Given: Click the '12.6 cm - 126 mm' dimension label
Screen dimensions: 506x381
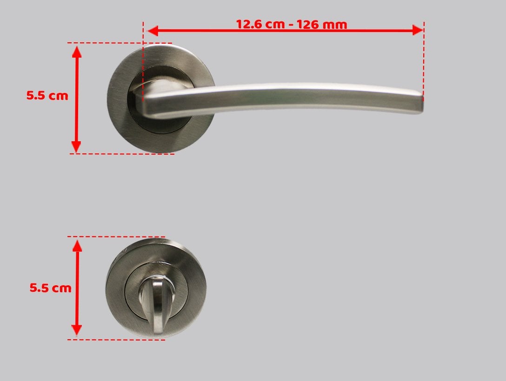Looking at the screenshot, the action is coord(292,24).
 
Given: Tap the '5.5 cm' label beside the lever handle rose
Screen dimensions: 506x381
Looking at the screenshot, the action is coord(47,95).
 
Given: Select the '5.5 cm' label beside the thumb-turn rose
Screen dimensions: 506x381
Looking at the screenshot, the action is coord(50,288).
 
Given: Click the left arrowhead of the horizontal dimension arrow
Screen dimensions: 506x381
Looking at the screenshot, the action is coord(153,31).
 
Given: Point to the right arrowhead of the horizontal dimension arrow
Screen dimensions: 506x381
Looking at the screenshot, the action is coord(418,31).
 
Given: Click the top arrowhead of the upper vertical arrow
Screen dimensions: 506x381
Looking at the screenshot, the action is coord(77,52).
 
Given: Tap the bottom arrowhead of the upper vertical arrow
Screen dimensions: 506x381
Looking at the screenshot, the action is coord(76,147).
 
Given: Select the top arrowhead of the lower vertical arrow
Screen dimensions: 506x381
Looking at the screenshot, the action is coord(77,246).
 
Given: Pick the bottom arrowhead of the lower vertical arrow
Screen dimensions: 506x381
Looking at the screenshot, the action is coord(76,329).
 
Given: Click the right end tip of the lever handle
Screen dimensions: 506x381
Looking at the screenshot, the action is coord(422,103).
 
